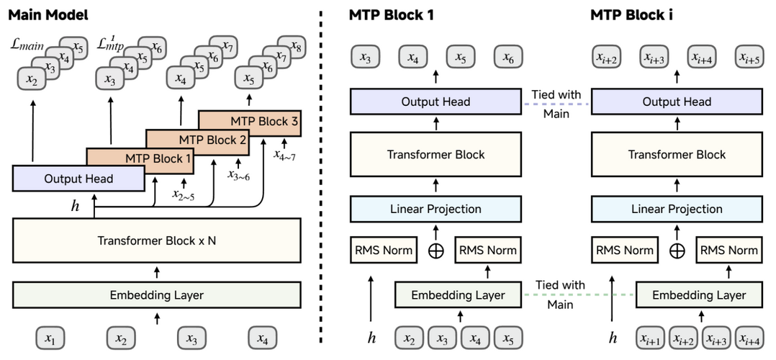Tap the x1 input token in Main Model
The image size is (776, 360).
coord(50,337)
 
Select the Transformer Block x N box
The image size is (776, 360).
coord(156,240)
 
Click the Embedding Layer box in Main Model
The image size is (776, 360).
coord(156,294)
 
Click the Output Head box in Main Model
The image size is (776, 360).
coord(78,179)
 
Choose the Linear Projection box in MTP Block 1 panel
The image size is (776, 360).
coord(436,209)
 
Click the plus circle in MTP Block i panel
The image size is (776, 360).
coord(676,251)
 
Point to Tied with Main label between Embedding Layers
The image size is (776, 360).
coord(556,294)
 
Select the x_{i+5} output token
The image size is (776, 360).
coord(752,58)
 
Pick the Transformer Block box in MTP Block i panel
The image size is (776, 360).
coord(676,154)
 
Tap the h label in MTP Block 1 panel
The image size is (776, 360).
coord(372,337)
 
